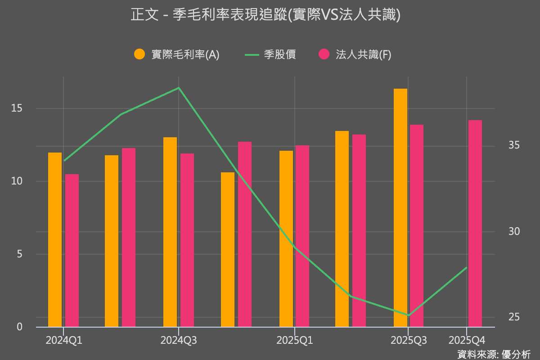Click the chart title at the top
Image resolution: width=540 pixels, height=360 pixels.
[265, 15]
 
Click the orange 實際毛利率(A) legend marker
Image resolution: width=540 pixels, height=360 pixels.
[140, 54]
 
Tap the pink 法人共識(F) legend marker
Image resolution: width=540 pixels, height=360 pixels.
[324, 54]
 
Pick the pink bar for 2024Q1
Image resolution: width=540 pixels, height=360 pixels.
[72, 250]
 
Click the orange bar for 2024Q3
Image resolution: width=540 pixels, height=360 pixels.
[170, 232]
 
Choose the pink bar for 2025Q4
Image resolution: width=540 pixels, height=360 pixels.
[475, 223]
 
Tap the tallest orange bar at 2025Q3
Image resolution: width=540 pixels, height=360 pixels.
[400, 207]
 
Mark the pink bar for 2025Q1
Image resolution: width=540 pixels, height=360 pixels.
[302, 236]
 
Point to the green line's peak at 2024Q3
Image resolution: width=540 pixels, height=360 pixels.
[179, 88]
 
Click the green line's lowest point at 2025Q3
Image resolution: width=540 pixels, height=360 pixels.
[408, 315]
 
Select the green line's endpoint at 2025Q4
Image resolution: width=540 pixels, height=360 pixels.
[467, 267]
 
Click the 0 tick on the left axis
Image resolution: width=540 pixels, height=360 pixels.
[19, 327]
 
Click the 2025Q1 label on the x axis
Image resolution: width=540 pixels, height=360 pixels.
[295, 341]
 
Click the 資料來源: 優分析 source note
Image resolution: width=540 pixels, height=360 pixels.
[494, 354]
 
